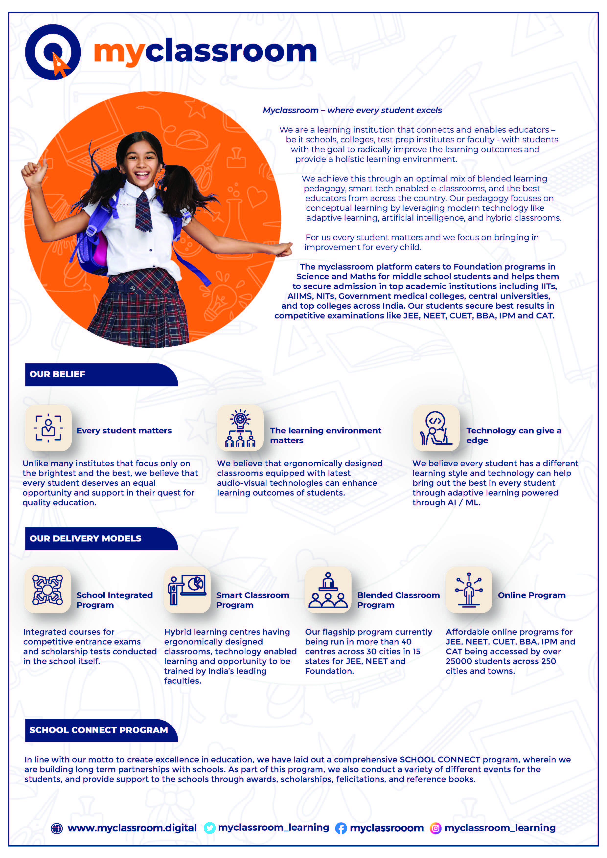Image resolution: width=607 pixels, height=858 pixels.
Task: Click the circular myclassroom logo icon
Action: point(53,52)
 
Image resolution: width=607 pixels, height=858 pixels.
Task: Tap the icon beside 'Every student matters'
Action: point(48,428)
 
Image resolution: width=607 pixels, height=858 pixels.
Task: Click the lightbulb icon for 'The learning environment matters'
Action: point(240,428)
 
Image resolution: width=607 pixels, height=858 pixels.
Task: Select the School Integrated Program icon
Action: point(47,590)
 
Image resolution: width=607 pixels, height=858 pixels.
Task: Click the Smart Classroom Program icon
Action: point(187,590)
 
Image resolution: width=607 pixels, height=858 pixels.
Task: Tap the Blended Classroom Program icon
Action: point(328,590)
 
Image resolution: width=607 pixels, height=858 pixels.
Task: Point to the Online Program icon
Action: point(469,590)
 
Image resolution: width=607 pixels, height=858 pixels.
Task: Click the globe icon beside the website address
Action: point(57,828)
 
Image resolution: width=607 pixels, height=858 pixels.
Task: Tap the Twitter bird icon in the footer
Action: point(209,828)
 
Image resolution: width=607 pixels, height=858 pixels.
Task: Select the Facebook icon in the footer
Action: point(341,828)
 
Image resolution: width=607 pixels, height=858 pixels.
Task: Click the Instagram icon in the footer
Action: point(435,828)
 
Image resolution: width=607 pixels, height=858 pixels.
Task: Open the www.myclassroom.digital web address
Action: point(132,828)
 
